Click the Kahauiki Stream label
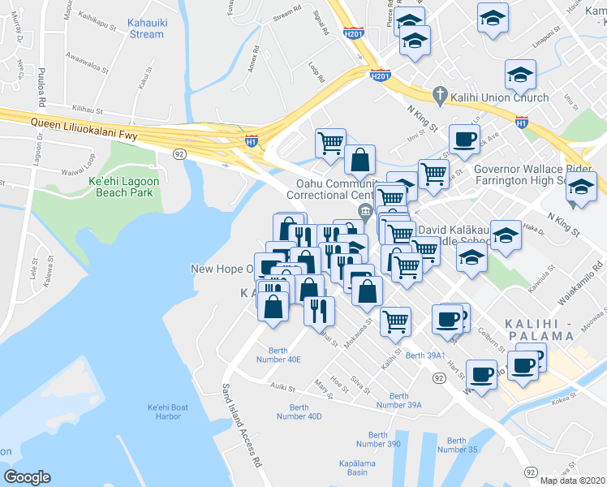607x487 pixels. [146, 28]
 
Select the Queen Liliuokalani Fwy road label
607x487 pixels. [81, 124]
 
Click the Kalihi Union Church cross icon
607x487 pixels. [439, 97]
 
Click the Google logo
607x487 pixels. [27, 477]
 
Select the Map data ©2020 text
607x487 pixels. [571, 480]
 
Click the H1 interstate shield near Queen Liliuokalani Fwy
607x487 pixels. [251, 141]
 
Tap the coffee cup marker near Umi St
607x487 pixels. [463, 140]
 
